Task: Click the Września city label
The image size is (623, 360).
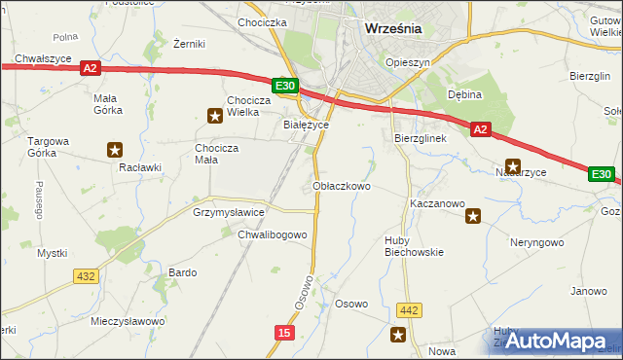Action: (392, 28)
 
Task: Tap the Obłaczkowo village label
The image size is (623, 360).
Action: (342, 185)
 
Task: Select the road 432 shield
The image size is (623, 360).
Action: (86, 276)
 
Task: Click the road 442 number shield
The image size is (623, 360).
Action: (409, 310)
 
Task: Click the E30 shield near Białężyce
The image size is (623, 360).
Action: (285, 87)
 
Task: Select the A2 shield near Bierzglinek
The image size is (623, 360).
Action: (480, 128)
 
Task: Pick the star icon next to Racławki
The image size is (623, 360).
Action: (115, 150)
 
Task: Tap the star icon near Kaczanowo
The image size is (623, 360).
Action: (473, 216)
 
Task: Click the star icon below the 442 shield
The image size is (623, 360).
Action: (398, 335)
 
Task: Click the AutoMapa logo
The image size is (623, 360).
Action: (554, 341)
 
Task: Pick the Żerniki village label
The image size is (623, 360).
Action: (188, 45)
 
